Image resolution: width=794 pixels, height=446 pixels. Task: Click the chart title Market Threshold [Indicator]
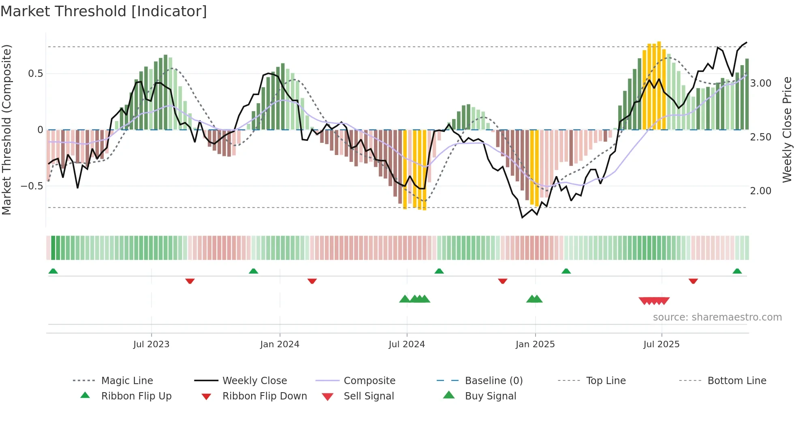pyautogui.click(x=104, y=11)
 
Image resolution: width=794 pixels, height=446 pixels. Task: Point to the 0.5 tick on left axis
pyautogui.click(x=35, y=74)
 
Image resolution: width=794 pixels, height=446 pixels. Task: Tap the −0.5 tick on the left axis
pyautogui.click(x=32, y=186)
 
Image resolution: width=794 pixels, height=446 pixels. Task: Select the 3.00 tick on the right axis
pyautogui.click(x=760, y=83)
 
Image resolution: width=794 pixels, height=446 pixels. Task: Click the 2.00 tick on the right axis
pyautogui.click(x=760, y=191)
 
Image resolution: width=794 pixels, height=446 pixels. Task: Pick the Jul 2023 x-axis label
pyautogui.click(x=151, y=344)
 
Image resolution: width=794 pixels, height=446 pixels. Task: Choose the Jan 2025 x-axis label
pyautogui.click(x=535, y=344)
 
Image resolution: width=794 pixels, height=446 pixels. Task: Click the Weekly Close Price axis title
pyautogui.click(x=787, y=130)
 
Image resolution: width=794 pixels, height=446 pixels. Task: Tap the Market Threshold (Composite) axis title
pyautogui.click(x=6, y=130)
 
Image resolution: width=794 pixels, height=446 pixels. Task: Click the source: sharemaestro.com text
pyautogui.click(x=717, y=317)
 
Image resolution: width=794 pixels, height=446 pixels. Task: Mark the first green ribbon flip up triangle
pyautogui.click(x=53, y=271)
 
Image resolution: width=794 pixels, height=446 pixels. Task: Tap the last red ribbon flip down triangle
pyautogui.click(x=693, y=281)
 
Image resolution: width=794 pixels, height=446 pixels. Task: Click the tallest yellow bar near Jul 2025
pyautogui.click(x=659, y=85)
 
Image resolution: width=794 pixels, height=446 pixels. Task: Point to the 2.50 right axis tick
pyautogui.click(x=760, y=137)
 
